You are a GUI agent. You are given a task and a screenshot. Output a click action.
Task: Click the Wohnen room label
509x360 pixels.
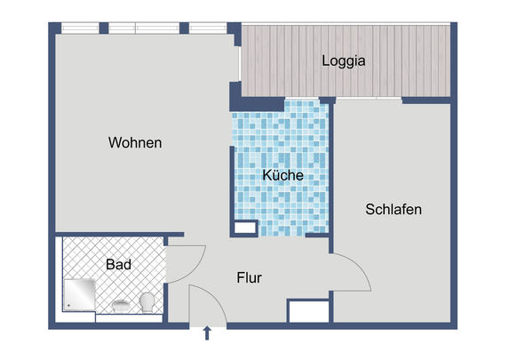(x=135, y=142)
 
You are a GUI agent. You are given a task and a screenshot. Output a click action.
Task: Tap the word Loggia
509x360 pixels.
(x=344, y=61)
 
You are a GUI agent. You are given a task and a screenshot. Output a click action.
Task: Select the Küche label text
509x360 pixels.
(x=283, y=176)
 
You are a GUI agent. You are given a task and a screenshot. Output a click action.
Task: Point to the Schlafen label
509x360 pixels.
(x=393, y=210)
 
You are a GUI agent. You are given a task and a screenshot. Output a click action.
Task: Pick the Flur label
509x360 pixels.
(x=249, y=278)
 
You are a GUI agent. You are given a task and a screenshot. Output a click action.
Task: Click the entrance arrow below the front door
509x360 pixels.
(x=208, y=334)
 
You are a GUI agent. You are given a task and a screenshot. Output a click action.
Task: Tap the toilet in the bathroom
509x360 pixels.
(x=148, y=303)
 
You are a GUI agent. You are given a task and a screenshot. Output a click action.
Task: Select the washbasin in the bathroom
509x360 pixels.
(x=120, y=307)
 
